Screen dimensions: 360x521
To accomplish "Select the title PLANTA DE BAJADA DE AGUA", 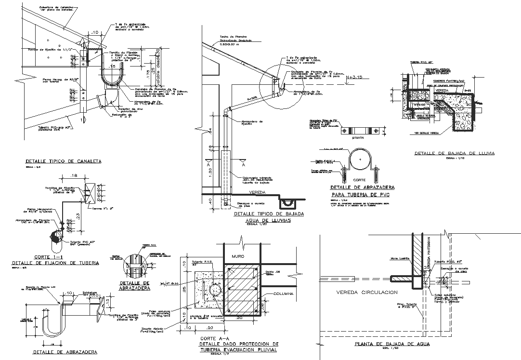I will click(392, 344).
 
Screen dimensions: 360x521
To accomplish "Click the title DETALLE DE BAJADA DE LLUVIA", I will click(455, 154).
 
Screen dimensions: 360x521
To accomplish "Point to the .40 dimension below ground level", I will click(210, 200).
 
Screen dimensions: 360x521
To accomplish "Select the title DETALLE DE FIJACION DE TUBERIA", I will click(55, 263).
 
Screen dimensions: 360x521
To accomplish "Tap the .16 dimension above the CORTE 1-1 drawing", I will click(74, 176).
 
